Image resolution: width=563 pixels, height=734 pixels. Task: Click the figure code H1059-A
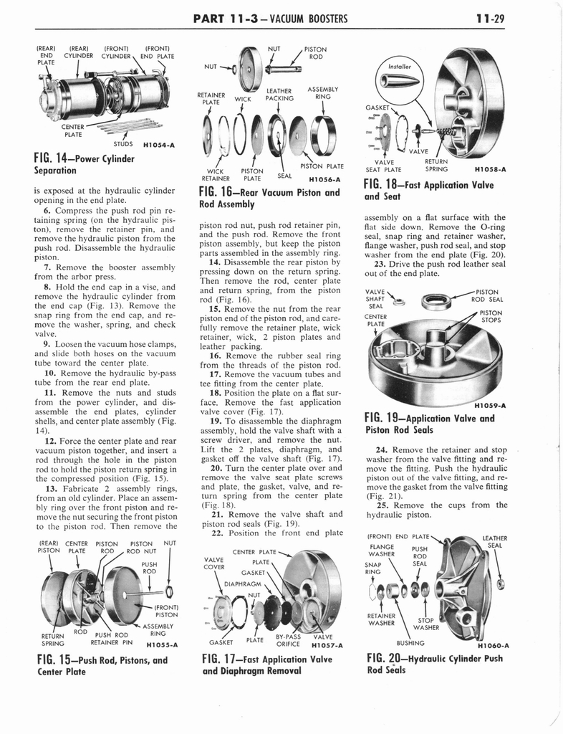coord(491,404)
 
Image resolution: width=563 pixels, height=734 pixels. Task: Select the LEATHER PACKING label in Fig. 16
coord(279,95)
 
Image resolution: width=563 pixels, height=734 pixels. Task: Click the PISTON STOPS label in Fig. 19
coord(491,316)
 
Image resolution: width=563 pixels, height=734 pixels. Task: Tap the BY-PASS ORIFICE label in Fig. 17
coord(289,640)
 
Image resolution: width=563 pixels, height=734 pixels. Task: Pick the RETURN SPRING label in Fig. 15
coord(52,639)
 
